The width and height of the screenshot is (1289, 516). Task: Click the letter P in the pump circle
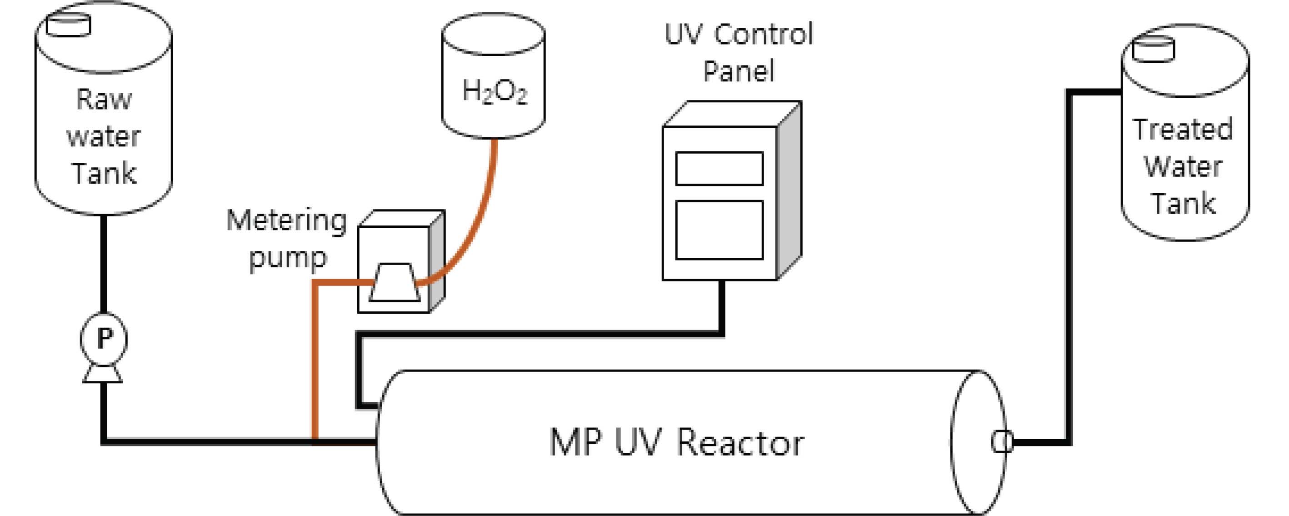(104, 339)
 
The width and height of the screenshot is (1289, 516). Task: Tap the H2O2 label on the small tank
(495, 91)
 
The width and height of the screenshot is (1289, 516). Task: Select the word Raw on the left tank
(104, 99)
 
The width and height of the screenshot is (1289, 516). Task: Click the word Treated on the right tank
(1183, 129)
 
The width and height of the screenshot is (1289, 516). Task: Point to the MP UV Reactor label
(676, 442)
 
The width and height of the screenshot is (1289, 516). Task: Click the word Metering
(286, 220)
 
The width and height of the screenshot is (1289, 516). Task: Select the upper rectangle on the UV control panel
(719, 169)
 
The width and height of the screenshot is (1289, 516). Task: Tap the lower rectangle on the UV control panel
(719, 230)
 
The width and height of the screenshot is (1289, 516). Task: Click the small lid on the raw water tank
(69, 25)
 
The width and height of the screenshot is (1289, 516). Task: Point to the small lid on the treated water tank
(1154, 50)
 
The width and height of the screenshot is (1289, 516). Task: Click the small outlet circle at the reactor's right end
(1002, 442)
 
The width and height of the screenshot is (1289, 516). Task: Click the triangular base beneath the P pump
(103, 374)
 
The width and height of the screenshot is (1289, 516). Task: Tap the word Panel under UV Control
(739, 71)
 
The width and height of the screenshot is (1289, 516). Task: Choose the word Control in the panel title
(764, 34)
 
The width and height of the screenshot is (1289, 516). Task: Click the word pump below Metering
(288, 258)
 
